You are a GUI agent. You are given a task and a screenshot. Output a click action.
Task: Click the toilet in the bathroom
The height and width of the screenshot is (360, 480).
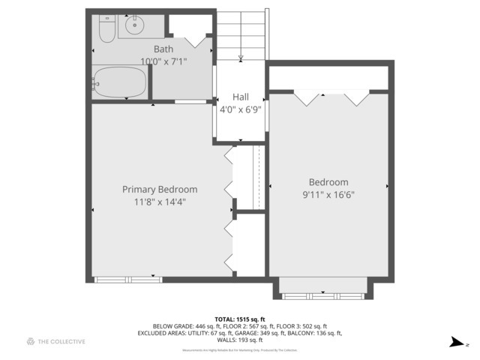[105, 29]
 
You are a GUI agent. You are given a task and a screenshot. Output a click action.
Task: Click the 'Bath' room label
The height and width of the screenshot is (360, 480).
[163, 49]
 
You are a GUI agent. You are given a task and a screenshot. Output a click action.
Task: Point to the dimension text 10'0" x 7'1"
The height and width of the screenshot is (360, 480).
[163, 61]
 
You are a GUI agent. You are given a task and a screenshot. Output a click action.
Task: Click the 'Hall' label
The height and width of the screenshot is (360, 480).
[240, 97]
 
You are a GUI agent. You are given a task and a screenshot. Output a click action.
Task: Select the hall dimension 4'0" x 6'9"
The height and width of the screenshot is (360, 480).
[240, 109]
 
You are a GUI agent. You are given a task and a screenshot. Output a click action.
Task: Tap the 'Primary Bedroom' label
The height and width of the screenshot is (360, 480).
[160, 190]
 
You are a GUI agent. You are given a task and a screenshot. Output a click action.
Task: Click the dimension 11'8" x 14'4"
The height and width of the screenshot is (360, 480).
[160, 202]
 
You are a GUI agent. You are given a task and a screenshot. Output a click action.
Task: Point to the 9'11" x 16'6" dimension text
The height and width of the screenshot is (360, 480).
[328, 194]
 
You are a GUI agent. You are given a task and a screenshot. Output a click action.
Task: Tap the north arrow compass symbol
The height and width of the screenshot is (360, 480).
[455, 342]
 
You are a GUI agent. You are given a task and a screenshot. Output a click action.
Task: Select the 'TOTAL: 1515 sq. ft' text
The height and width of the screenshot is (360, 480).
[240, 318]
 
